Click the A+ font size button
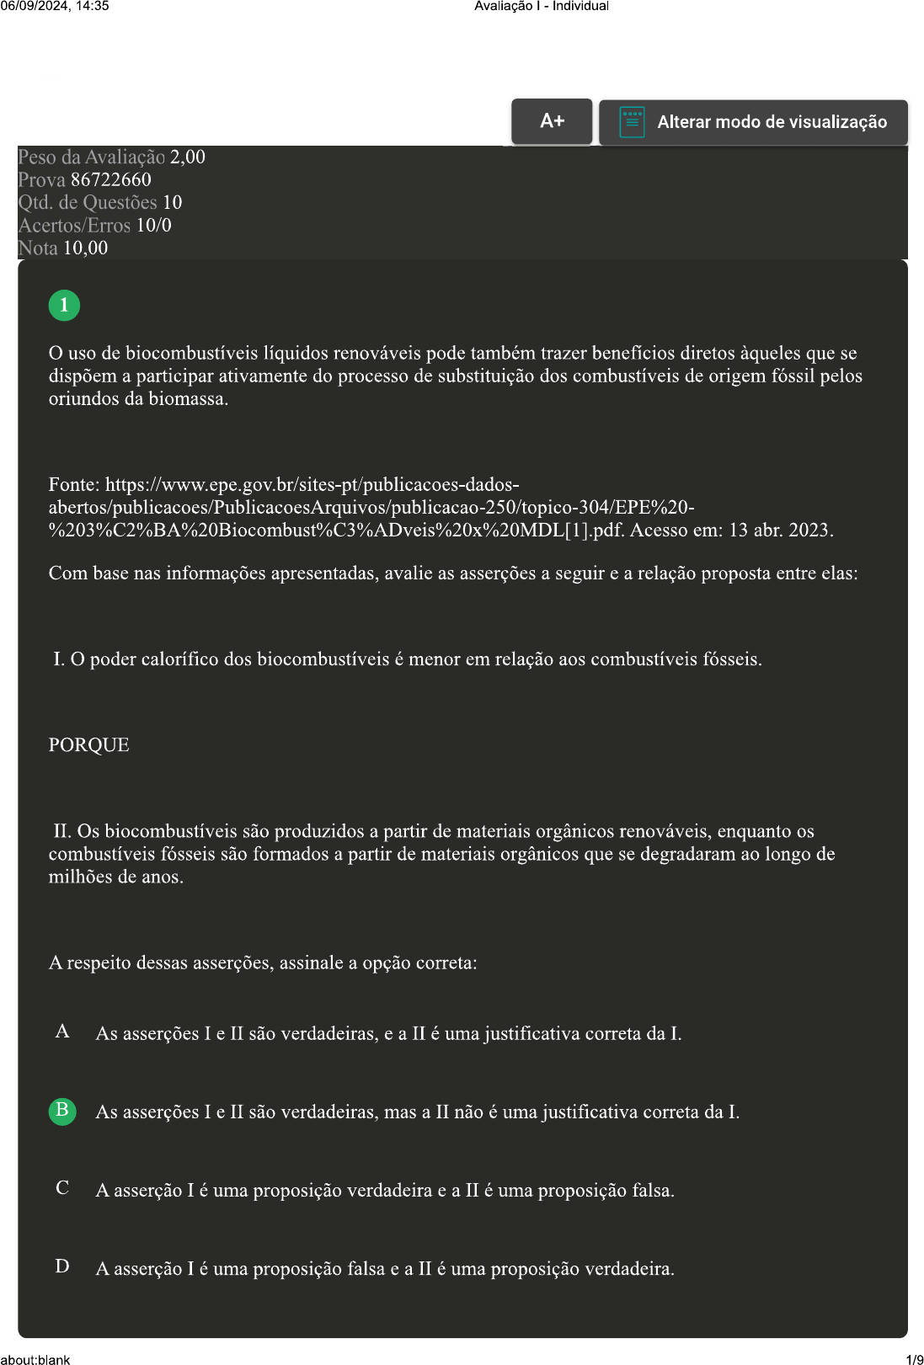[x=552, y=121]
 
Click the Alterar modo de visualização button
[x=753, y=122]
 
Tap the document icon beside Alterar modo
[x=632, y=122]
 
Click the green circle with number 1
[x=64, y=305]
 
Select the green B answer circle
[x=62, y=1111]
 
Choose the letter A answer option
[x=62, y=1032]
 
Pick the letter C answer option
[x=62, y=1188]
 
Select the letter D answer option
[x=62, y=1266]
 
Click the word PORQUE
[x=88, y=745]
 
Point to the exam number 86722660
[x=111, y=179]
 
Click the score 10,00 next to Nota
[x=85, y=248]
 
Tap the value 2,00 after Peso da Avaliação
[x=188, y=157]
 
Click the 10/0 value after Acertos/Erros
[x=154, y=225]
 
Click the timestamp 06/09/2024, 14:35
[x=55, y=6]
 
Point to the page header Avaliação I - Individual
[x=542, y=6]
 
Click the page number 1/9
[x=914, y=1359]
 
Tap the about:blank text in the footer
[x=35, y=1359]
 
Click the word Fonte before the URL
[x=73, y=485]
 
